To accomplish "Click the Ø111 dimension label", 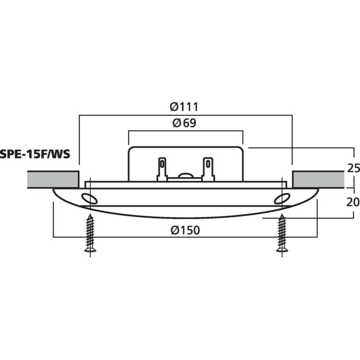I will point(184,107).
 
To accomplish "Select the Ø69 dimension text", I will point(184,123).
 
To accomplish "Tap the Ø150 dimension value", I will point(185,230).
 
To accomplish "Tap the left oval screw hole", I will point(88,198).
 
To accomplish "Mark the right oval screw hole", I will point(282,198).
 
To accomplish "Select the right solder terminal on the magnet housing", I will point(208,169).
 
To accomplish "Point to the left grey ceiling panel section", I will point(53,179).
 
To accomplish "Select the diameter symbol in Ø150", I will point(175,230).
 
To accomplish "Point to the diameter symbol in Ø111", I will point(174,107).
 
